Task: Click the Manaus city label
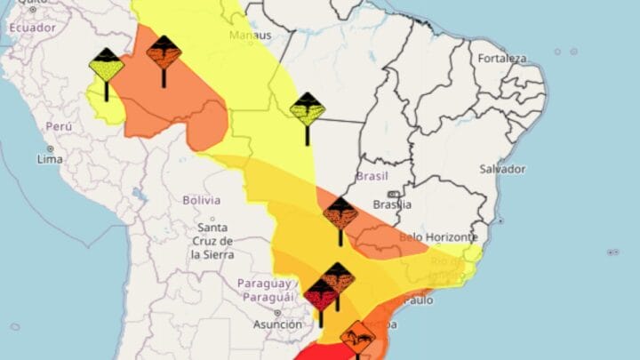tap(252, 36)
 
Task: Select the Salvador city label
tap(502, 169)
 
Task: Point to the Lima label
tap(50, 159)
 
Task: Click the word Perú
tap(58, 126)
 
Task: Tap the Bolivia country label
tap(201, 200)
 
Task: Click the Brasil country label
tap(372, 176)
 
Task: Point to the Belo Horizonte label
tap(438, 237)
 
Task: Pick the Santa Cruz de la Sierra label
tap(212, 241)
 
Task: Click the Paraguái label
tap(265, 295)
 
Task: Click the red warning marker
tap(320, 293)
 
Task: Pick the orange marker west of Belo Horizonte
tap(340, 213)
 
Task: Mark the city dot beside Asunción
tap(277, 313)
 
